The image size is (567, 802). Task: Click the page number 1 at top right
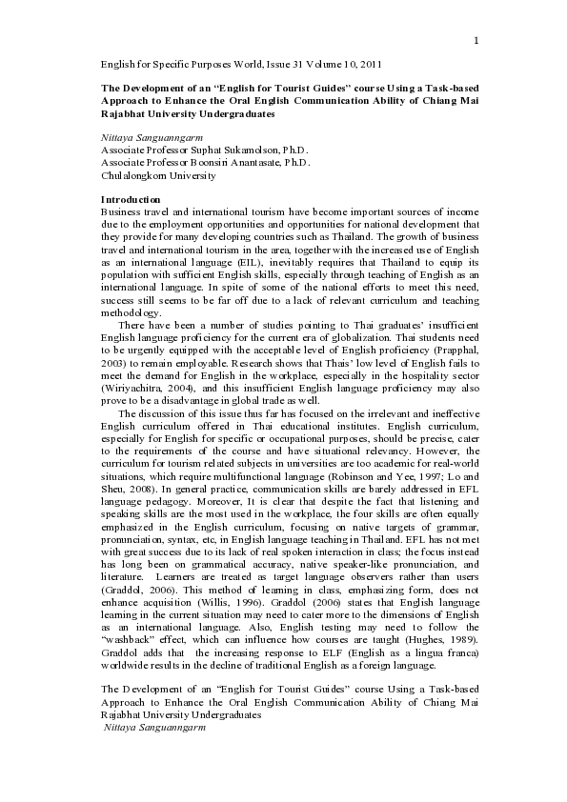pos(475,39)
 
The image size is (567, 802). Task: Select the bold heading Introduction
pos(133,199)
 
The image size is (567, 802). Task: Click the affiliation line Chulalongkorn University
pos(158,175)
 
